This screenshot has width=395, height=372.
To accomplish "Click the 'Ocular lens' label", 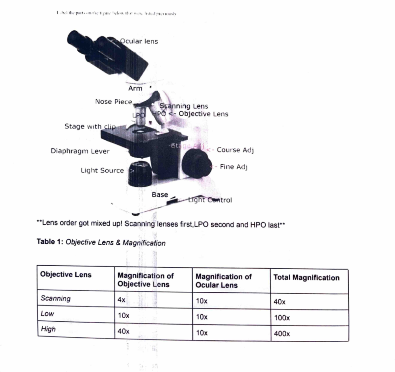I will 139,41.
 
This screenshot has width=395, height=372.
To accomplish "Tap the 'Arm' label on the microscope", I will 135,88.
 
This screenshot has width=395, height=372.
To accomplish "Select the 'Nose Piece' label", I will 113,102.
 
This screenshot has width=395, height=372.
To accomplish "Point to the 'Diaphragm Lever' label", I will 80,151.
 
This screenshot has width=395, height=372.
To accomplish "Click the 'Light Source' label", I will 102,171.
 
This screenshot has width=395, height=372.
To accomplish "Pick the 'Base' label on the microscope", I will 160,195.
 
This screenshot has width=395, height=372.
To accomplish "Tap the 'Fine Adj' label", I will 233,167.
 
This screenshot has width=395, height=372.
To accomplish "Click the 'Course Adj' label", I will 235,150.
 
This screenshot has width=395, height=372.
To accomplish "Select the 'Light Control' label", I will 210,200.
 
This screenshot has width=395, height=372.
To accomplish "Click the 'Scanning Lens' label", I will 184,106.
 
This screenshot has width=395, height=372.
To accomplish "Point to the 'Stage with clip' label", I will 90,126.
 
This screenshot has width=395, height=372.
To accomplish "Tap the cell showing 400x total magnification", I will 282,334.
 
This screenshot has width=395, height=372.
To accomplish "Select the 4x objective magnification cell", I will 121,300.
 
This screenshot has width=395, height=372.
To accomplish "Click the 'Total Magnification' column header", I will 306,278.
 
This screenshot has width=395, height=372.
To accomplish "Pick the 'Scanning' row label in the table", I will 55,298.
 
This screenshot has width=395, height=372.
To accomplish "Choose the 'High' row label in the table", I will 48,329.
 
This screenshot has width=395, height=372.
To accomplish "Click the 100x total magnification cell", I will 282,318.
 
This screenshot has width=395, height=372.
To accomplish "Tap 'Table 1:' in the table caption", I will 50,242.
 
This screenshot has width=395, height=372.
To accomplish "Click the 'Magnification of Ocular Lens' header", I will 224,281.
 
